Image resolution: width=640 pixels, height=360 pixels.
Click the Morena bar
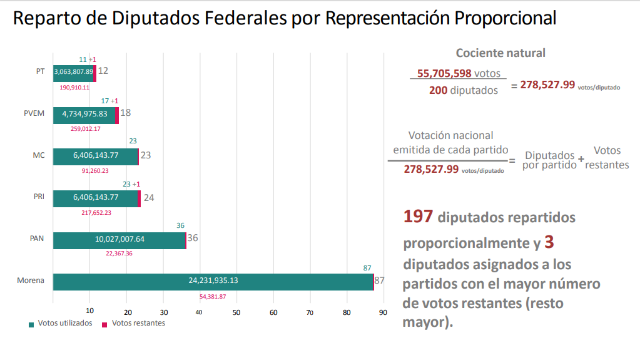click(x=213, y=281)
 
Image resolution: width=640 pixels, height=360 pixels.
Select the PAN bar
click(x=119, y=239)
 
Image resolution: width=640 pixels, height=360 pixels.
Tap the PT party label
click(x=40, y=71)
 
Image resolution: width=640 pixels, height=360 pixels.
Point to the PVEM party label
click(x=34, y=114)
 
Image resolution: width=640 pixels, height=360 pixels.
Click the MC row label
click(x=39, y=155)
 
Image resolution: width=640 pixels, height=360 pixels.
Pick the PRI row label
click(x=39, y=197)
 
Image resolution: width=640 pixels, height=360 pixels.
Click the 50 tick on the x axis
click(x=236, y=312)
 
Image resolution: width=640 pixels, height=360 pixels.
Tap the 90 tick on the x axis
click(x=383, y=312)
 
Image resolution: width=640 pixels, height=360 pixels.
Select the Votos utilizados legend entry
click(x=61, y=324)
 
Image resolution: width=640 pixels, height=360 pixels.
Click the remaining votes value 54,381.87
click(x=213, y=297)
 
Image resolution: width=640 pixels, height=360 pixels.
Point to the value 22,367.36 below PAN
click(x=119, y=254)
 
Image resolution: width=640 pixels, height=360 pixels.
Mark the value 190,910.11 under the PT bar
click(x=74, y=87)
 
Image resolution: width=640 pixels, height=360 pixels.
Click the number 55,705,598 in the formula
click(x=444, y=73)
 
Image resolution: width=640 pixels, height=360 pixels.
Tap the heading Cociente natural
click(x=500, y=53)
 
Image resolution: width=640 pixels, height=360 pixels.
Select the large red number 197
click(x=418, y=217)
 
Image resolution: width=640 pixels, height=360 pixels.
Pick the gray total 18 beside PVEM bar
click(x=126, y=113)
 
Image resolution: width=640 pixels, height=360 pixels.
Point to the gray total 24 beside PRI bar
click(x=149, y=198)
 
